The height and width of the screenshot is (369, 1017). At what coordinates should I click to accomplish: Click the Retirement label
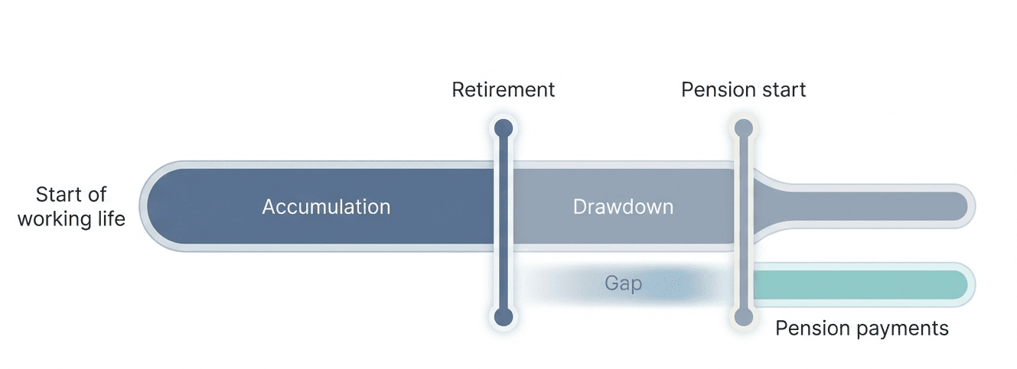coord(503,89)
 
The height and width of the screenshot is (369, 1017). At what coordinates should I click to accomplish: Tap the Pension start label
coord(743,89)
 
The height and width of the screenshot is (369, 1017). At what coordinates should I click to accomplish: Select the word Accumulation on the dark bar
coord(326,206)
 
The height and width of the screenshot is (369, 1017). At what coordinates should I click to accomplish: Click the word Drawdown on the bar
coord(623,206)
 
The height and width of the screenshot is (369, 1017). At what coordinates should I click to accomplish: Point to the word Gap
coord(623,284)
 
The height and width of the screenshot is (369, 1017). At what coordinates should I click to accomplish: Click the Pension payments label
coord(862,329)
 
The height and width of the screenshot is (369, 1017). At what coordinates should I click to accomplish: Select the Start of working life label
coord(71,206)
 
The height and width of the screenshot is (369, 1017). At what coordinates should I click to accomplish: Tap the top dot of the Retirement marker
coord(503,128)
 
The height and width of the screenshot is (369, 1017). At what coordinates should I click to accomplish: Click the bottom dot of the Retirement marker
coord(503,316)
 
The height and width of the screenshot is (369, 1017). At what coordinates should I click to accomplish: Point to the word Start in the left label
coord(60,194)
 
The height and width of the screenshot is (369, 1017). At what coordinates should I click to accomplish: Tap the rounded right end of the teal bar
coord(962,284)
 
